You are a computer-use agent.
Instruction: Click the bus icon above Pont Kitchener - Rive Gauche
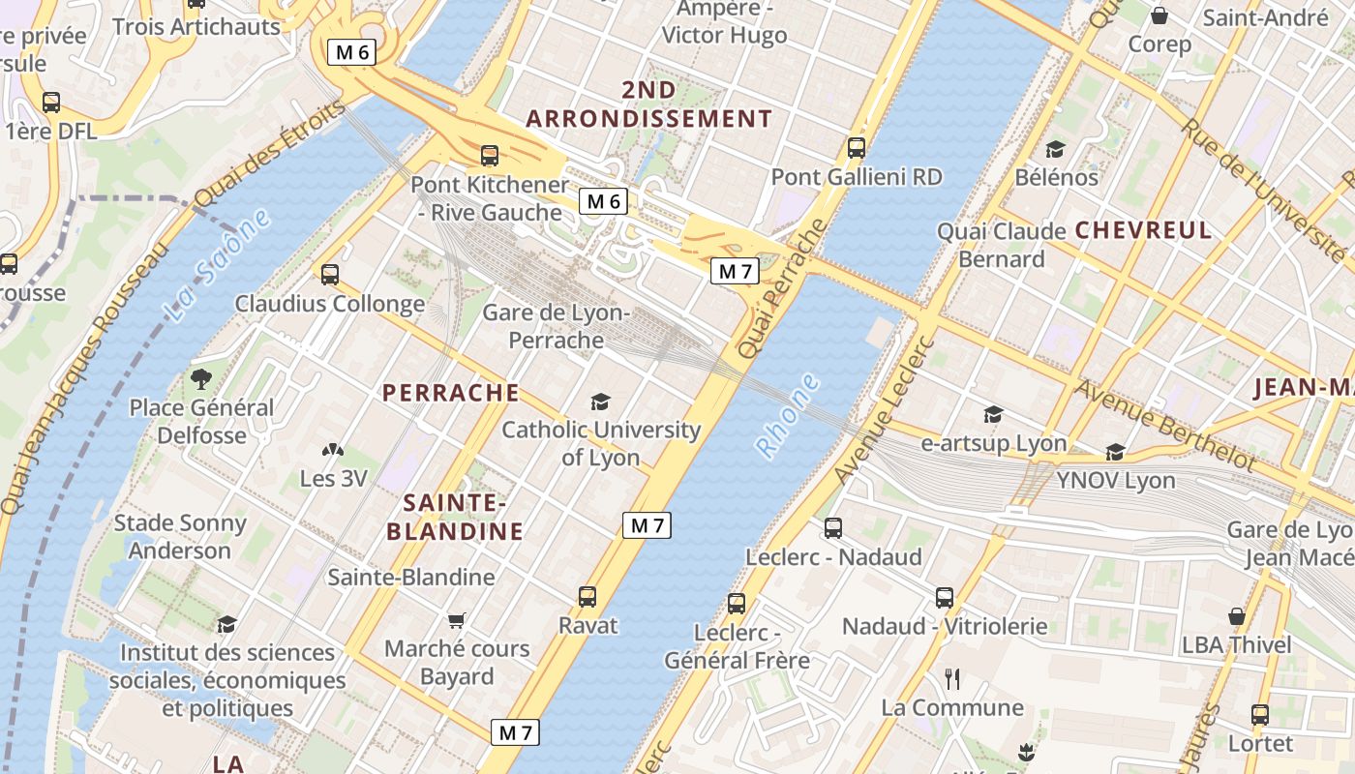490,156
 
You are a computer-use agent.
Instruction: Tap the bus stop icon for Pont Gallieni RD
857,148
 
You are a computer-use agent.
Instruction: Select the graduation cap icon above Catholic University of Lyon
600,402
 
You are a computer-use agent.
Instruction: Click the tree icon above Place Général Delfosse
201,378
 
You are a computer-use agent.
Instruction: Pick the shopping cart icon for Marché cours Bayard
457,620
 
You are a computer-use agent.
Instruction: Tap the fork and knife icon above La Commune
952,679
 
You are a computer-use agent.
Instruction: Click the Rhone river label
787,416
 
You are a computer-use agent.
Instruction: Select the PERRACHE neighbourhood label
451,393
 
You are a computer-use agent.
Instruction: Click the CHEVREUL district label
1143,230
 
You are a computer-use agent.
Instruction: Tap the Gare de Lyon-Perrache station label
557,327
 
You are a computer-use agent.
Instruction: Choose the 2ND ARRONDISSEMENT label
648,104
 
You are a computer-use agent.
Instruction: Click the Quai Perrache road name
783,288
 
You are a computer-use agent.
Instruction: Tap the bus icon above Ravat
587,597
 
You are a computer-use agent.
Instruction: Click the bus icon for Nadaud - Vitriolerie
945,598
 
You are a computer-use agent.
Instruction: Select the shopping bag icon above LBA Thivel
1236,616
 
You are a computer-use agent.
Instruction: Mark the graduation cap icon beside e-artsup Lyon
993,415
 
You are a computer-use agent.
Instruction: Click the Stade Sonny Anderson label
180,537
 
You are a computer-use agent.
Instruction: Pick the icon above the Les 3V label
332,450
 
